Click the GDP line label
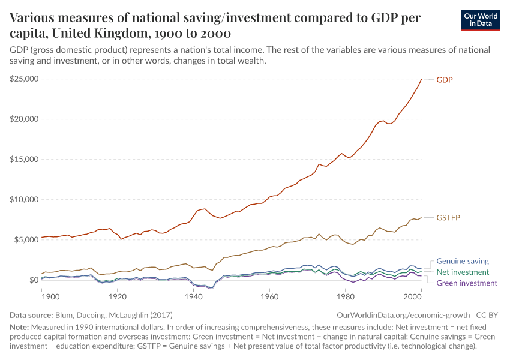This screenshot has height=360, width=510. click(444, 80)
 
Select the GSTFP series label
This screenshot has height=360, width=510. click(448, 217)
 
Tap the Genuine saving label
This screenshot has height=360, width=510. click(463, 261)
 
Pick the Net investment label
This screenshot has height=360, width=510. click(463, 272)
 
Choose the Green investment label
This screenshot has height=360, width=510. click(467, 283)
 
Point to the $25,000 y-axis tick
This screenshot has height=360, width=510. click(24, 79)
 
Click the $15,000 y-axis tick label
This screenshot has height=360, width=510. click(24, 159)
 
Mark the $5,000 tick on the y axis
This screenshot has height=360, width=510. click(26, 239)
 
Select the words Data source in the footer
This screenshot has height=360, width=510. click(31, 314)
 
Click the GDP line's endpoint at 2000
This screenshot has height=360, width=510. click(422, 79)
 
